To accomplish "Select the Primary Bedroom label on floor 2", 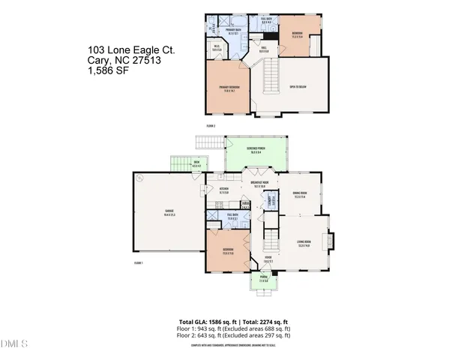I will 229,89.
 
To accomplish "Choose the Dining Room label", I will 299,195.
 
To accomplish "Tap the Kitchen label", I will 223,190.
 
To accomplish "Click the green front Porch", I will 264,283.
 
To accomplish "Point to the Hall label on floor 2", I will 263,50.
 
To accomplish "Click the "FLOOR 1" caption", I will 138,263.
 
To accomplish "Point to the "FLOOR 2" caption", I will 210,125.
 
